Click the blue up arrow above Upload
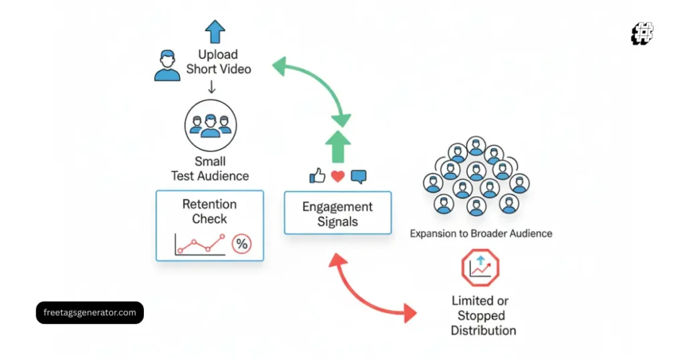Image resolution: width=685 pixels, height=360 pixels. coord(215,31)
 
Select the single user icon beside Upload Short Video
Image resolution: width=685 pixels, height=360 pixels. coord(167,65)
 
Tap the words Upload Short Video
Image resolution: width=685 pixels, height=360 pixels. coord(218,62)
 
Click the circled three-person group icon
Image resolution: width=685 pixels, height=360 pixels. coord(210,124)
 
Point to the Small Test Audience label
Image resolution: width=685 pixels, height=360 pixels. coord(210,169)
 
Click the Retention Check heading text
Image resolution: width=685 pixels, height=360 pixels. coord(209,211)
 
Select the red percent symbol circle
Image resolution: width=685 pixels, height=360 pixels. coord(241,244)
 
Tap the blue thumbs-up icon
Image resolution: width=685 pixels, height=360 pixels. coord(317,176)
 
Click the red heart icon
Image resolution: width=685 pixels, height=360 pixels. coord(338,177)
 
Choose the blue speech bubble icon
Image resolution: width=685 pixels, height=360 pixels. coord(359,177)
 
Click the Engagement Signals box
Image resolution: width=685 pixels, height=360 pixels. coord(337,213)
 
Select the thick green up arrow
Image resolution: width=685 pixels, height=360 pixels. coord(337,146)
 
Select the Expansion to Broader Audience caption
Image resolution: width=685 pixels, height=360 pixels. coord(480,234)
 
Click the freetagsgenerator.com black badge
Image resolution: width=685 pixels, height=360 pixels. coord(90,312)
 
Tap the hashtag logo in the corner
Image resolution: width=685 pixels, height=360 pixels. coord(642,33)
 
